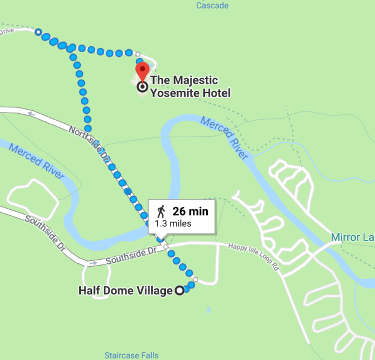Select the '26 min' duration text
[190, 211]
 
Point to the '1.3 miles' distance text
[173, 223]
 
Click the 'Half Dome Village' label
[125, 290]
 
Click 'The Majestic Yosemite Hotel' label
[190, 86]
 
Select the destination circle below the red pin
[142, 87]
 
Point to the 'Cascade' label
[213, 6]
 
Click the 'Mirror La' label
[352, 237]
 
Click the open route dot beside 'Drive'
[38, 32]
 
